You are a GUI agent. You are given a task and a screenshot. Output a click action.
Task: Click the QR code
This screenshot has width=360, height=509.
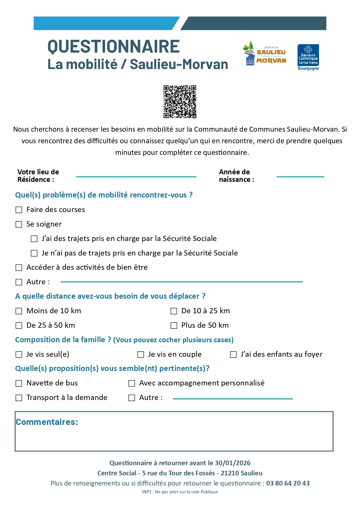[180, 102]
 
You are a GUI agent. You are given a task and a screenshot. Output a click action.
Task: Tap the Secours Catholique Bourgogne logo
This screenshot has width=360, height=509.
[308, 57]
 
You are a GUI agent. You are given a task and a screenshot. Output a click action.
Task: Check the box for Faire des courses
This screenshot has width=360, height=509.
[19, 210]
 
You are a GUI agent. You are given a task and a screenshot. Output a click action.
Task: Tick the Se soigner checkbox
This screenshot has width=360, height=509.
[19, 224]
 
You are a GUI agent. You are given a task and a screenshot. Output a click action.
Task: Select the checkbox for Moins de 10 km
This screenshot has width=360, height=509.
[19, 311]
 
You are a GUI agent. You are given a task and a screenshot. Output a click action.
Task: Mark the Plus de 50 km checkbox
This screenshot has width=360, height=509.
[174, 325]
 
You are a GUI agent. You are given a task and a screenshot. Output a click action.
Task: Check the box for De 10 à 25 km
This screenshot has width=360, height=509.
[174, 311]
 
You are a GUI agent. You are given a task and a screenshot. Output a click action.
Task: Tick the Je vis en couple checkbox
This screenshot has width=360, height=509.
[141, 354]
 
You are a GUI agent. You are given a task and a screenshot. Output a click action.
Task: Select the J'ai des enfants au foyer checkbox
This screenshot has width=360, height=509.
[233, 354]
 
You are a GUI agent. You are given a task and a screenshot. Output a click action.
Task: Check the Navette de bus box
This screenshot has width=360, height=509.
[19, 383]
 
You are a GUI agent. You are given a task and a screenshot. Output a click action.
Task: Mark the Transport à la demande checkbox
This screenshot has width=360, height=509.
[19, 398]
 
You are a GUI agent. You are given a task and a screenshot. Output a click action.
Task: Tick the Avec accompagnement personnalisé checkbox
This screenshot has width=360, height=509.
[132, 383]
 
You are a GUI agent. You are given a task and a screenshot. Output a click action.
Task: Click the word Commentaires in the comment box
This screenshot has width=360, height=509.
[47, 422]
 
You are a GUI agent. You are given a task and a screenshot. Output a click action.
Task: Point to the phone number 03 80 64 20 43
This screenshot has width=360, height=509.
[288, 483]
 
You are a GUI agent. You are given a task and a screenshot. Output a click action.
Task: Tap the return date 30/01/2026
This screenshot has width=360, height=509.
[233, 463]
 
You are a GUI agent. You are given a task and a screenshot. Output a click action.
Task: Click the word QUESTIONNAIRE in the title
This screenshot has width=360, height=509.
[113, 47]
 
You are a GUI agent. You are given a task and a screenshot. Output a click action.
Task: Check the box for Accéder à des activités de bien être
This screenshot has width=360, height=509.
[19, 267]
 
